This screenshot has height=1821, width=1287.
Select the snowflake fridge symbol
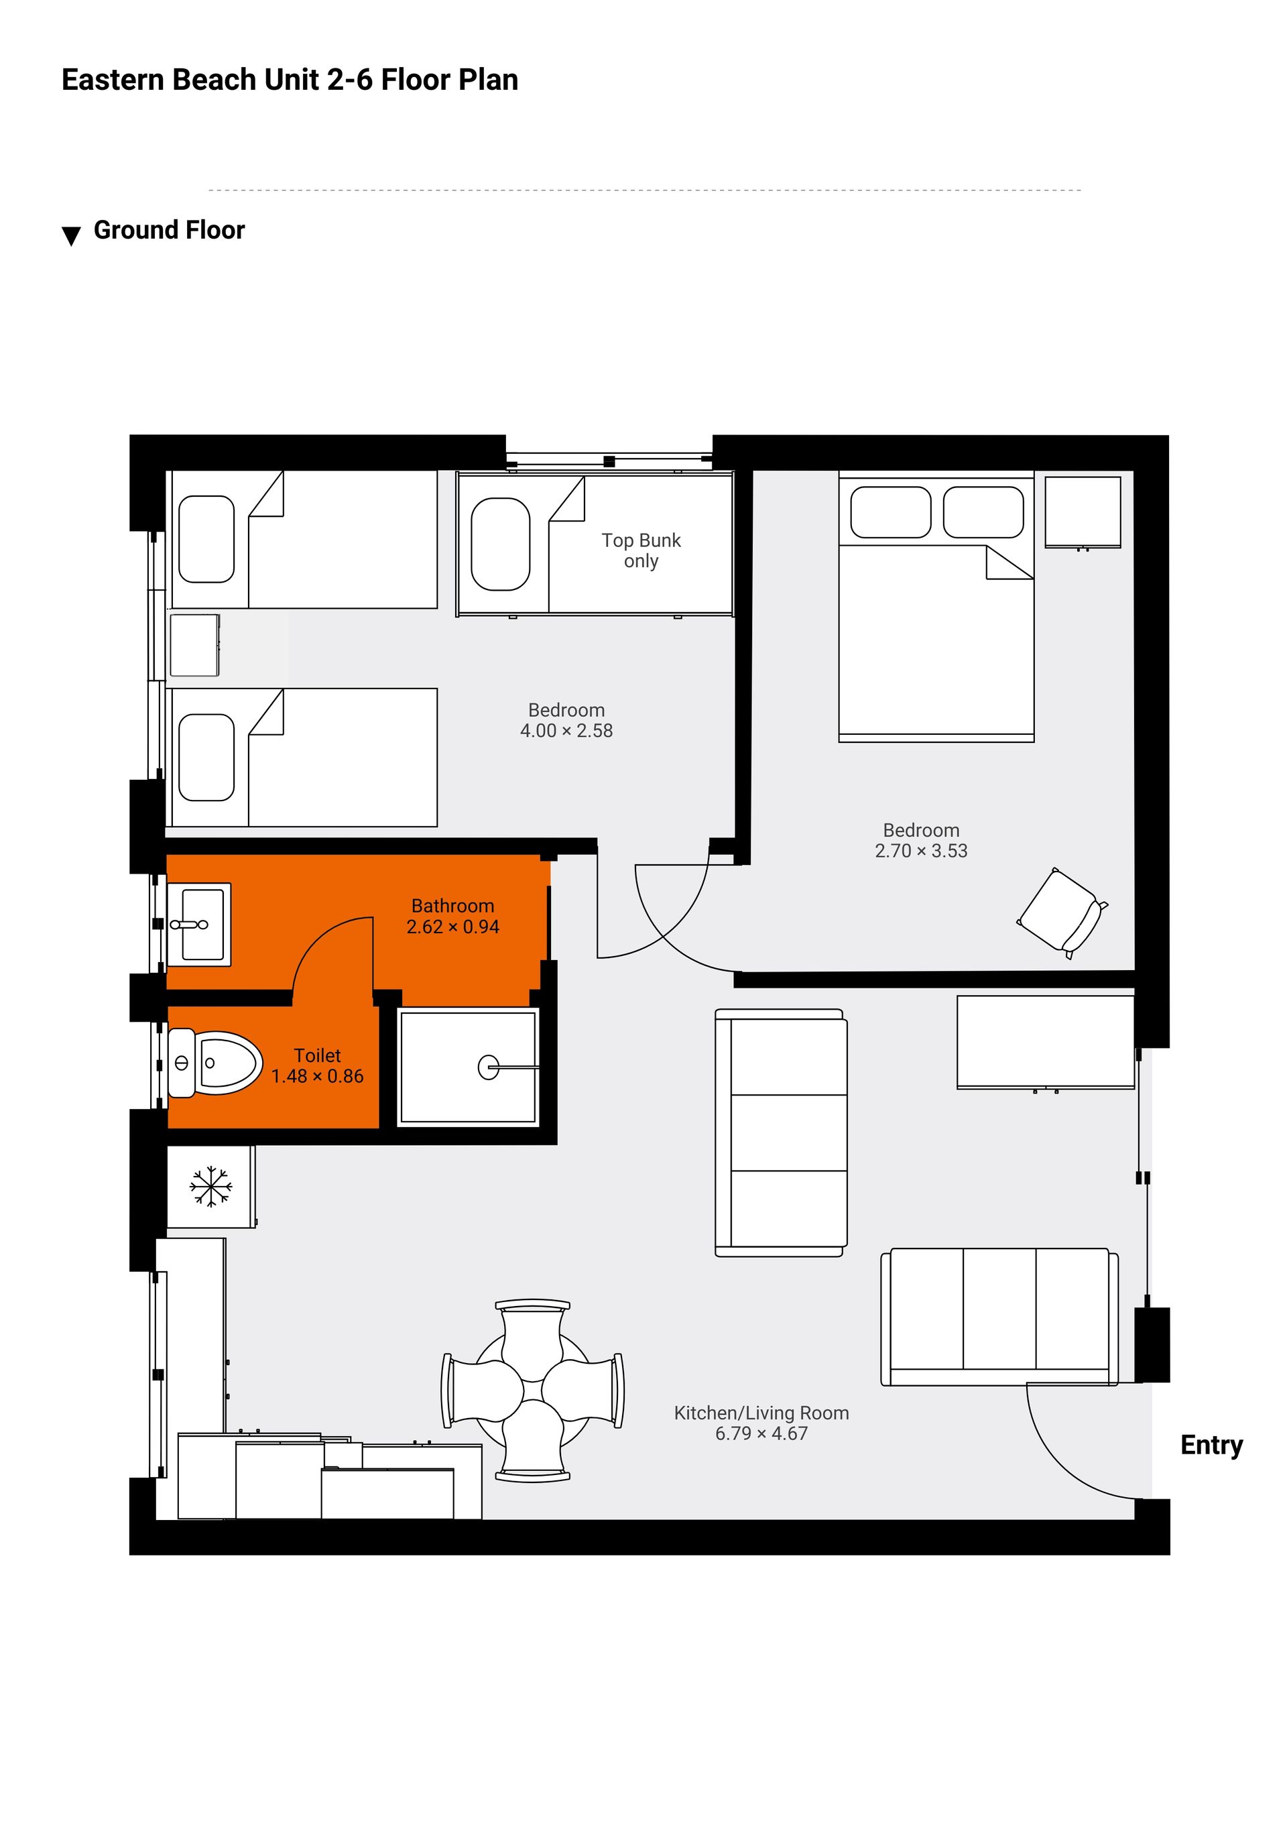(211, 1187)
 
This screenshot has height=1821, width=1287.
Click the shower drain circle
(489, 1067)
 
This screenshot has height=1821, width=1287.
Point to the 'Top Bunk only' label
(641, 550)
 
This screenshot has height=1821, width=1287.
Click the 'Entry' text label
(1211, 1445)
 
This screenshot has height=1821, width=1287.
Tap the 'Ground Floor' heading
(169, 230)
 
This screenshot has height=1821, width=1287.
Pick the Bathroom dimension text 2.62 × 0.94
(452, 927)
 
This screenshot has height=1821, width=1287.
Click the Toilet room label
(317, 1055)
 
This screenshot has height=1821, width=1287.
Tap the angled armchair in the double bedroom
(1062, 913)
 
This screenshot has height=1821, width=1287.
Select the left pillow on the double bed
(891, 512)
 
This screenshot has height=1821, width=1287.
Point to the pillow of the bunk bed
(500, 544)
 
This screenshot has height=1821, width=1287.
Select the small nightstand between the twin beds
(194, 645)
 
